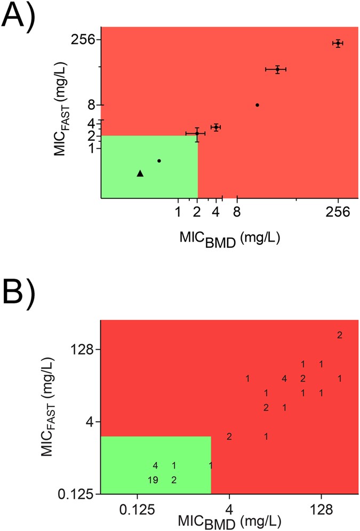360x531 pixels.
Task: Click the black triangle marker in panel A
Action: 140,173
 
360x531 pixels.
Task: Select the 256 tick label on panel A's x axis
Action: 338,212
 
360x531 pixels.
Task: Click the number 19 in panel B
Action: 153,480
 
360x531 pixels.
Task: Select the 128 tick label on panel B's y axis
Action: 83,350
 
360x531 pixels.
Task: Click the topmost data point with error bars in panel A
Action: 338,43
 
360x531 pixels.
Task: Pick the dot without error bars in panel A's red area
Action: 257,105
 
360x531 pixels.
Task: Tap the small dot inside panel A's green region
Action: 159,160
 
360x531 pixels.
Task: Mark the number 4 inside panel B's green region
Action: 155,465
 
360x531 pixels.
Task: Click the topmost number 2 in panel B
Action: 339,335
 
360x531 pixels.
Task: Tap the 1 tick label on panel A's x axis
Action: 178,212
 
